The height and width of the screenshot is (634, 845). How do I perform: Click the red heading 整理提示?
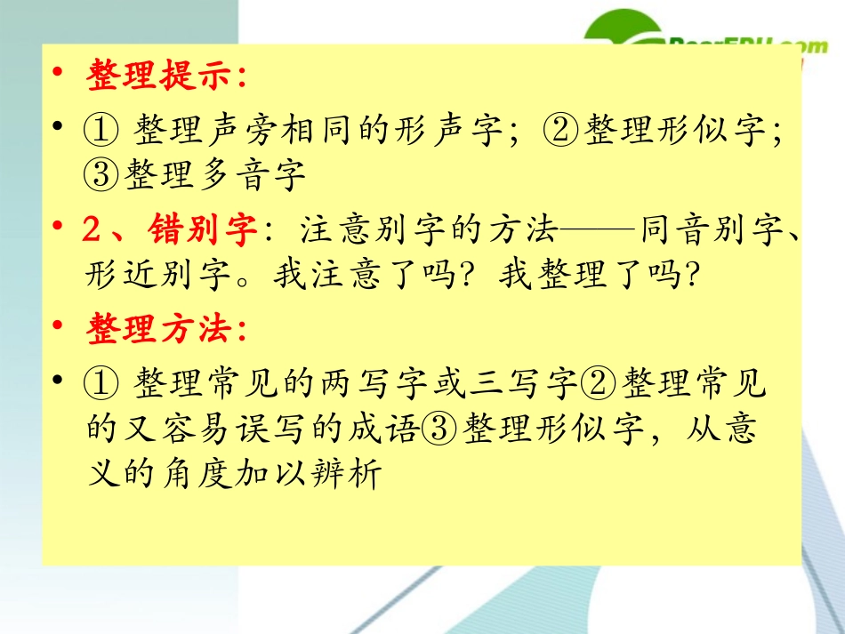(x=165, y=77)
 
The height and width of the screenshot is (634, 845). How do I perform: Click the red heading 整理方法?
(x=165, y=331)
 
